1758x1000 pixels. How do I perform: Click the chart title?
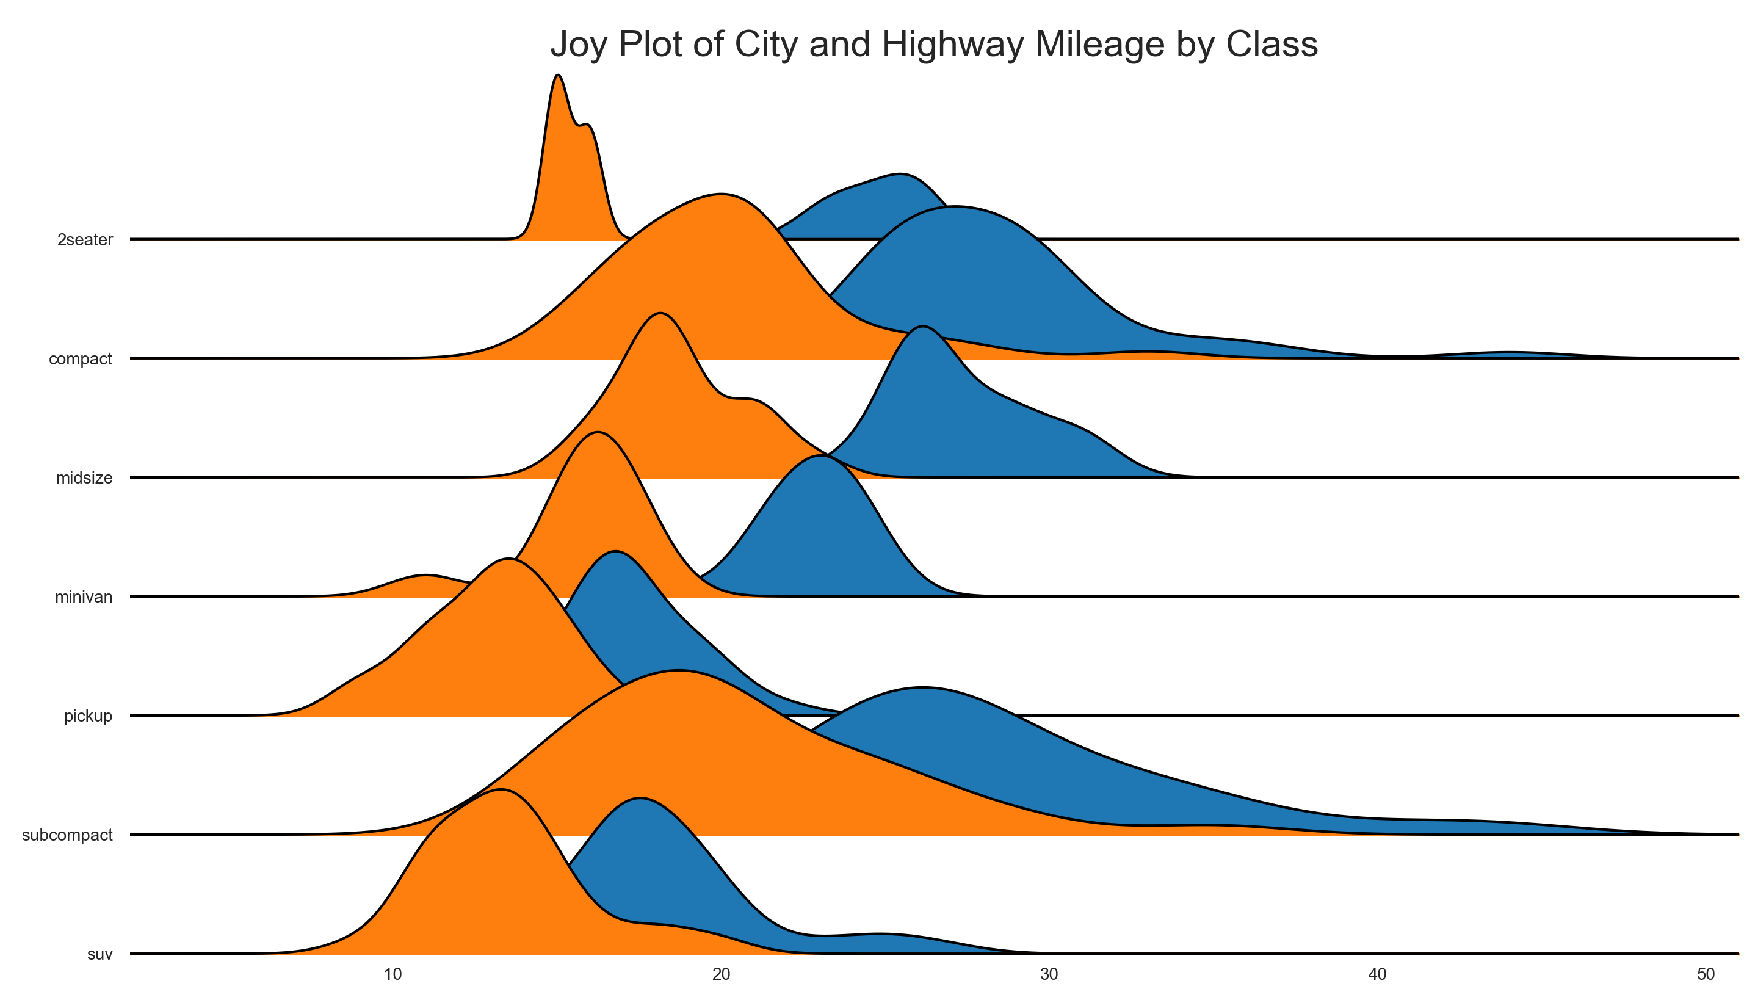[x=933, y=45]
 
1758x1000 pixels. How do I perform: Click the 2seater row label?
[x=85, y=240]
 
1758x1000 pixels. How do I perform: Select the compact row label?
[x=81, y=358]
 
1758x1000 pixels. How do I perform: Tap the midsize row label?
[x=84, y=478]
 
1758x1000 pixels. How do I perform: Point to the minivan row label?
[x=84, y=597]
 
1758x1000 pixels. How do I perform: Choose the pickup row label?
[x=88, y=716]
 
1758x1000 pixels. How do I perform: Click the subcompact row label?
[x=67, y=835]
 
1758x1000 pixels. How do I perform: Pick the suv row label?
[x=100, y=955]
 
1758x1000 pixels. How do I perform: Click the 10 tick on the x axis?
[x=393, y=974]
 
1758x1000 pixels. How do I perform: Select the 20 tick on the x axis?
[x=721, y=974]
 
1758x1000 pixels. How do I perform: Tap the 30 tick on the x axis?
[x=1049, y=974]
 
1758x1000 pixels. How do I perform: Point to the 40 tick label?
[x=1378, y=974]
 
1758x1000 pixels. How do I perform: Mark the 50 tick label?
[x=1706, y=974]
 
